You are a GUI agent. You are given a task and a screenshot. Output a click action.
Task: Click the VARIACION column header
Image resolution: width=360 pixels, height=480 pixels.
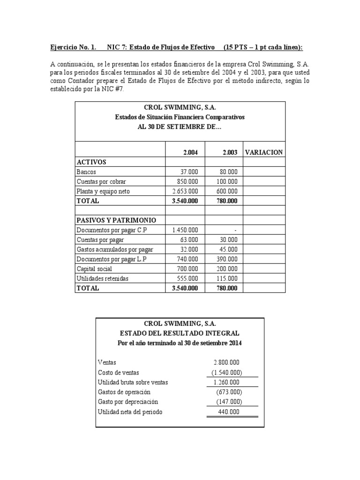[264, 152]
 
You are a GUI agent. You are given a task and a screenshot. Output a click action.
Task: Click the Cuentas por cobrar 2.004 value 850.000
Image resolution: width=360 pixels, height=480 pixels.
[185, 181]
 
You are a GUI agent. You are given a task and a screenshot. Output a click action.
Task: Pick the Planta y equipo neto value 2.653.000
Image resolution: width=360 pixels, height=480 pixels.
[185, 191]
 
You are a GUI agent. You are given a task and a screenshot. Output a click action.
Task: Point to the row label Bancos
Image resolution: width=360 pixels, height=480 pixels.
[87, 172]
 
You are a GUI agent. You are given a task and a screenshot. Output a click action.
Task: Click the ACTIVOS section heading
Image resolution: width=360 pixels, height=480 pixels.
[91, 162]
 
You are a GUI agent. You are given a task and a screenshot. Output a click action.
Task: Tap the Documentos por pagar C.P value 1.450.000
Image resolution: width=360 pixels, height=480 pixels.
[185, 230]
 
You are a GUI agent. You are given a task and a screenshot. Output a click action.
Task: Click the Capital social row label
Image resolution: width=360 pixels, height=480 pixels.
[96, 269]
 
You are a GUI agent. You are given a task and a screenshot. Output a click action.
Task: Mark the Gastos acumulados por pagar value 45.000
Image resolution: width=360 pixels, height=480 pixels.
[228, 249]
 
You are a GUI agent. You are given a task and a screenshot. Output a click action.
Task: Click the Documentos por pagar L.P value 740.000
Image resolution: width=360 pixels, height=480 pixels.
[187, 259]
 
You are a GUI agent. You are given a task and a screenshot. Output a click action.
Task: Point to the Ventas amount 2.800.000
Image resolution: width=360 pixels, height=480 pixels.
[228, 362]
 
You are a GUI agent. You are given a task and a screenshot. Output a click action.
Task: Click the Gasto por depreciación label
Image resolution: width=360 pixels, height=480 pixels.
[128, 402]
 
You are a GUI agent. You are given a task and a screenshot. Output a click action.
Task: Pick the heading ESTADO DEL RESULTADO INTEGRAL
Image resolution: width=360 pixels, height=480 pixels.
[180, 333]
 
